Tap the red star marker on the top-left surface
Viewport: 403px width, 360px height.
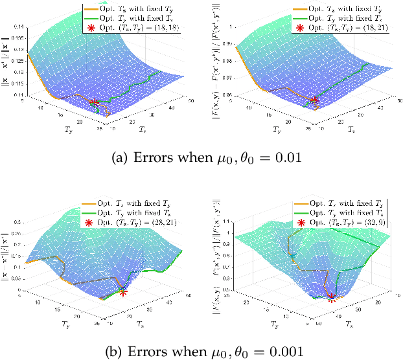(x=94, y=103)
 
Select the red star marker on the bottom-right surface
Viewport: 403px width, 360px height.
(x=332, y=297)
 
